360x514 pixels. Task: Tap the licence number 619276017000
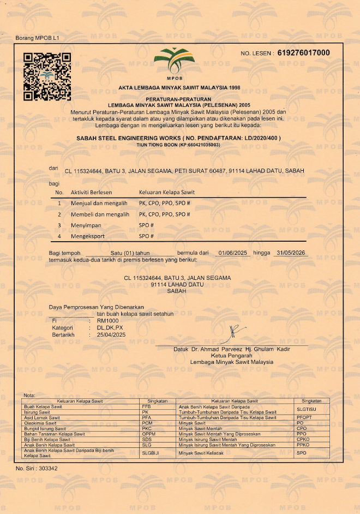[303, 53]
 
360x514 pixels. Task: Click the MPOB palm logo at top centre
[179, 60]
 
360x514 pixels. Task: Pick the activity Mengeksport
[87, 236]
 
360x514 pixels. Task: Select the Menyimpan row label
[86, 225]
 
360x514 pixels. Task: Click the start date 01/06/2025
[233, 253]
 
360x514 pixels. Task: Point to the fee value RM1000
[107, 321]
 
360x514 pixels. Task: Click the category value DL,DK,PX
[110, 327]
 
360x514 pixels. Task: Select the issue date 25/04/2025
[111, 334]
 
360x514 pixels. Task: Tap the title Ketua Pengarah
[232, 355]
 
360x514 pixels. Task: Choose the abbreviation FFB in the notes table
[146, 407]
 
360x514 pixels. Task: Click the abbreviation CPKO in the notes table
[303, 439]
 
